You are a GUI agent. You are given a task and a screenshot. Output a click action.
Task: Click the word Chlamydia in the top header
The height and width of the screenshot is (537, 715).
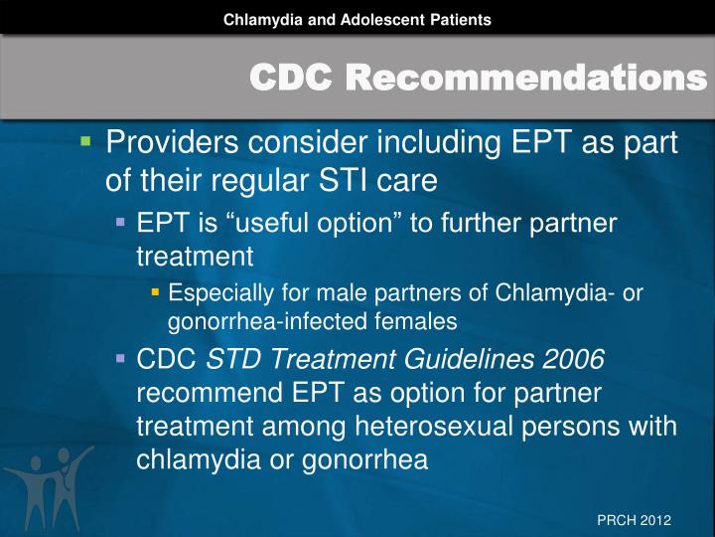tap(257, 19)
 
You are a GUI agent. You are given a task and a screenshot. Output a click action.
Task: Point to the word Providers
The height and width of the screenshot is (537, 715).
tap(179, 145)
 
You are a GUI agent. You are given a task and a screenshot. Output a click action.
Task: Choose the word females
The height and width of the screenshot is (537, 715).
tap(424, 320)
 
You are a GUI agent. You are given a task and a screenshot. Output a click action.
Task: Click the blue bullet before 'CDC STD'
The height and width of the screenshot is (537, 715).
tap(120, 358)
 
